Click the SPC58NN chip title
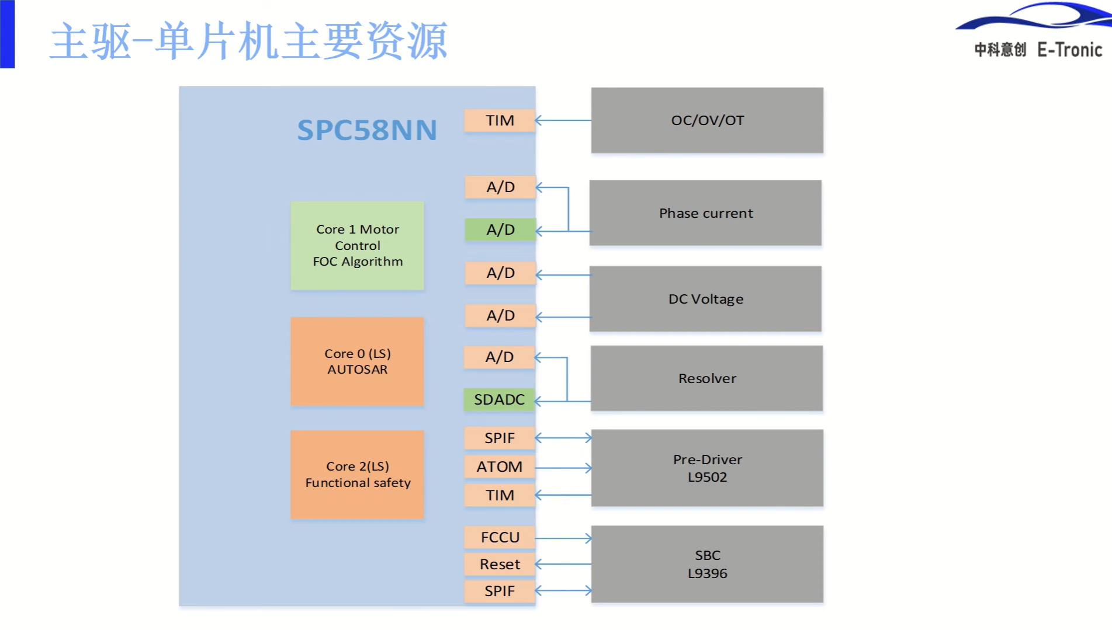click(x=367, y=130)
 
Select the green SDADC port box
click(x=500, y=399)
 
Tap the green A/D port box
click(x=500, y=229)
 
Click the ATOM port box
click(x=500, y=467)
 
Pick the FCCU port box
click(x=500, y=537)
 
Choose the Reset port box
click(x=500, y=564)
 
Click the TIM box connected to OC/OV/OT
click(x=500, y=120)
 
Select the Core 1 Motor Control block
click(x=357, y=245)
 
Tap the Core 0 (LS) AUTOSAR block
click(x=357, y=361)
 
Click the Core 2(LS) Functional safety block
click(x=357, y=475)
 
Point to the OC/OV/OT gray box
click(x=707, y=120)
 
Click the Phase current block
click(x=705, y=213)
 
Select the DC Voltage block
click(x=705, y=299)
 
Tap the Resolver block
click(x=706, y=378)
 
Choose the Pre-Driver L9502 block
click(x=707, y=468)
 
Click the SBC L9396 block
click(x=707, y=564)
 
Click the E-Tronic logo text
click(x=1069, y=50)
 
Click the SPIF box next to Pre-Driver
click(x=500, y=438)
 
